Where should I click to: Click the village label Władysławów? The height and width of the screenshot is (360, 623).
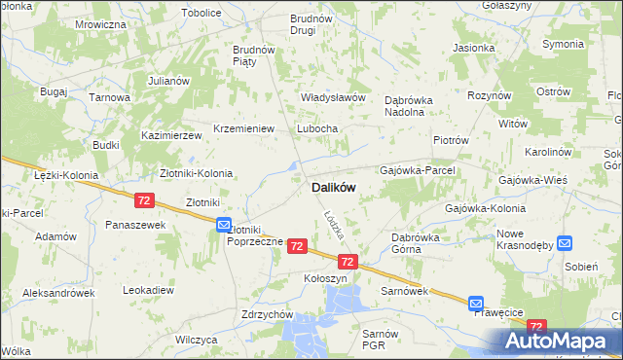(x=332, y=97)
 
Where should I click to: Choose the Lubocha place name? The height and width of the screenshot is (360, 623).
(x=317, y=128)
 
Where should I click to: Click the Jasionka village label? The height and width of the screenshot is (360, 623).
(x=473, y=47)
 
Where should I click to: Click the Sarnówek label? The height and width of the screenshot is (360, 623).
(x=405, y=290)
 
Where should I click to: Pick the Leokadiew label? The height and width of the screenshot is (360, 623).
(x=149, y=290)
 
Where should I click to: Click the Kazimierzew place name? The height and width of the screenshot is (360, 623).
(x=170, y=135)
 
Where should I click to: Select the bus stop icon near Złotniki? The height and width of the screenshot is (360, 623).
(x=223, y=224)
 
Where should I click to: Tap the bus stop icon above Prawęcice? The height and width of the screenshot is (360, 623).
(x=476, y=303)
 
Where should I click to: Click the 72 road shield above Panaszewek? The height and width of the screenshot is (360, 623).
(x=144, y=199)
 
